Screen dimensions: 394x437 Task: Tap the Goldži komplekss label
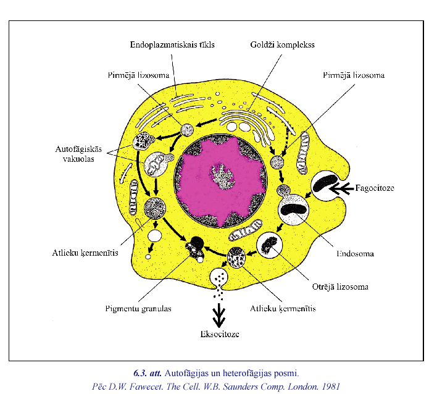[x=282, y=45]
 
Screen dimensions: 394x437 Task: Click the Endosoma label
[x=355, y=253]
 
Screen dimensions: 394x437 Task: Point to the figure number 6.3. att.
[x=148, y=373]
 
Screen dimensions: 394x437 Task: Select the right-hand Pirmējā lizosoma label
[x=354, y=75]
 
